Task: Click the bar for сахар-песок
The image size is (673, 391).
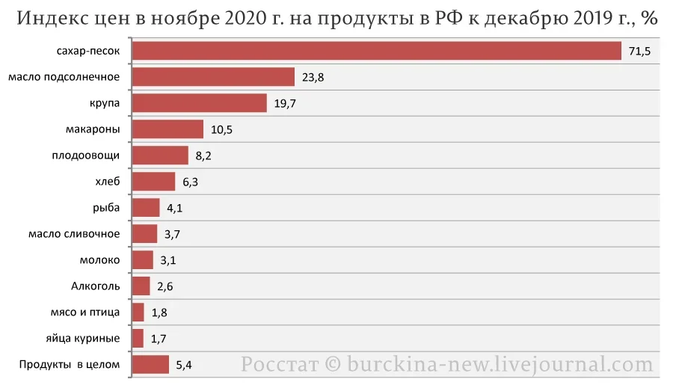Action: tap(376, 51)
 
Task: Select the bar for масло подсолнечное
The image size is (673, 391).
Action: tap(213, 77)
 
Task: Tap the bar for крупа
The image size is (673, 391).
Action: tap(199, 103)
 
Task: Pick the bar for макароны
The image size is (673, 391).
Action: tap(168, 129)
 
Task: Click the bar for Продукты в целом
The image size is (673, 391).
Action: tap(150, 365)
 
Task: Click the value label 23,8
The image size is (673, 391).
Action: tap(313, 78)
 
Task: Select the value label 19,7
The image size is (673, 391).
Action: tap(285, 104)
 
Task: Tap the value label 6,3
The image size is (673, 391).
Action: tap(190, 182)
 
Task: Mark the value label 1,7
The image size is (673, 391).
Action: tap(159, 339)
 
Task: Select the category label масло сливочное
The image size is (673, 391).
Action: tap(74, 234)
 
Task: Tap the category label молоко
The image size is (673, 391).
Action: tap(99, 260)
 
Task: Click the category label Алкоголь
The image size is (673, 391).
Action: tap(95, 286)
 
